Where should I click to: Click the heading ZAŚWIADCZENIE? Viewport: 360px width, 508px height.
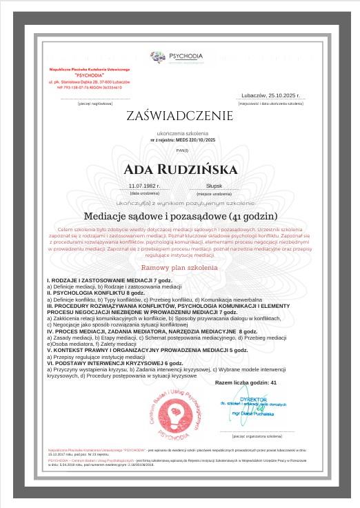click(x=179, y=116)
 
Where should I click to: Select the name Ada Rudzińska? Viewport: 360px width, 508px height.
click(x=180, y=169)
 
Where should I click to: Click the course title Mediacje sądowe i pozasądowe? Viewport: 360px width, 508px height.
click(x=180, y=215)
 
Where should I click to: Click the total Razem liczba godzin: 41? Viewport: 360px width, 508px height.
click(x=246, y=382)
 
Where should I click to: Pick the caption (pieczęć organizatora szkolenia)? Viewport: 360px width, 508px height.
click(x=257, y=456)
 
